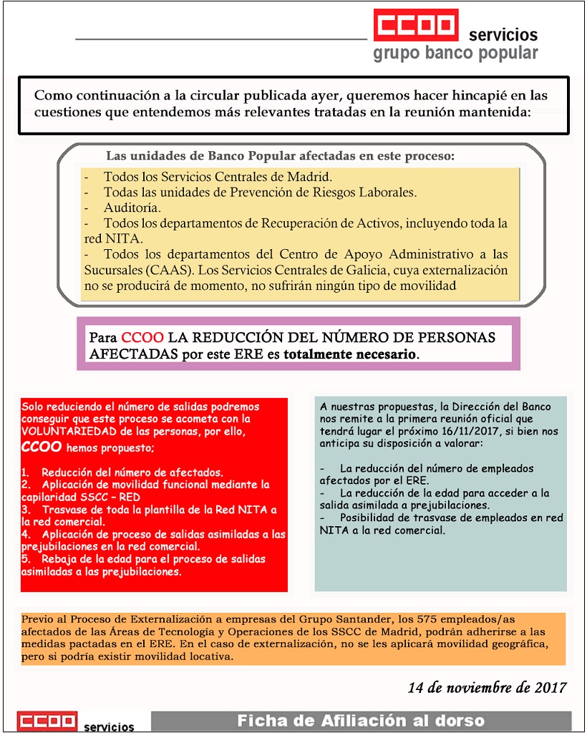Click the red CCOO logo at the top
[x=415, y=26]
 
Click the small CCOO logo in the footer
[x=47, y=722]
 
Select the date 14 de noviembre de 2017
[x=487, y=688]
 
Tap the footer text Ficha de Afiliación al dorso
[x=361, y=721]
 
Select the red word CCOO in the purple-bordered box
[x=142, y=337]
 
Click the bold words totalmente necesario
[x=349, y=354]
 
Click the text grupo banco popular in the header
[x=455, y=54]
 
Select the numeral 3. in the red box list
[x=25, y=510]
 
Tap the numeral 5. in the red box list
[x=25, y=558]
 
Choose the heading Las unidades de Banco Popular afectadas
[x=280, y=155]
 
